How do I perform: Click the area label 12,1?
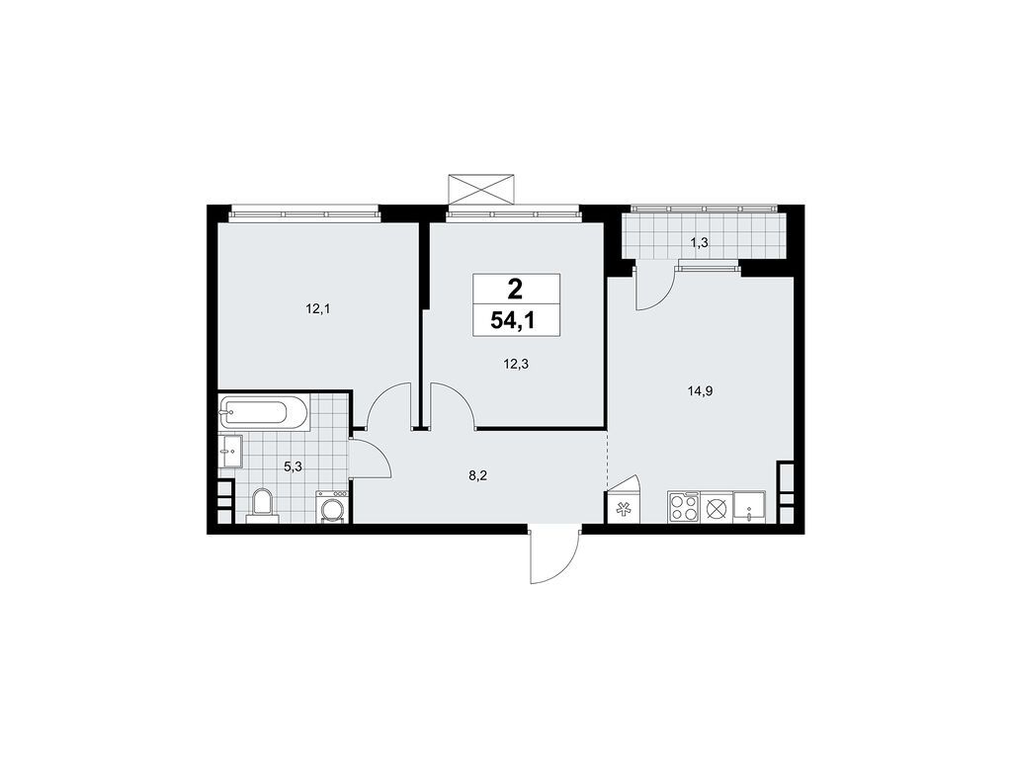coord(317,309)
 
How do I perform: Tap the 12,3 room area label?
coord(515,364)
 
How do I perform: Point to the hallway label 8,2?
coord(477,475)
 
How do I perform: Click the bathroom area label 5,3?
coord(294,466)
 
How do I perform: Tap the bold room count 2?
coord(516,289)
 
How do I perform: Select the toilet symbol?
coord(262,502)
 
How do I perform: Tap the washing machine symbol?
coord(332,508)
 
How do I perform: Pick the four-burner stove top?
coord(684,508)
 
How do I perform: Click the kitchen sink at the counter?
coord(751,508)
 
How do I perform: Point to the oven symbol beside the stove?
coord(717,508)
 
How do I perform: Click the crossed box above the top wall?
coord(482,188)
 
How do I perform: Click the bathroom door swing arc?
coord(370,457)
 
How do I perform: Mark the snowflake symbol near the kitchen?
coord(624,510)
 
